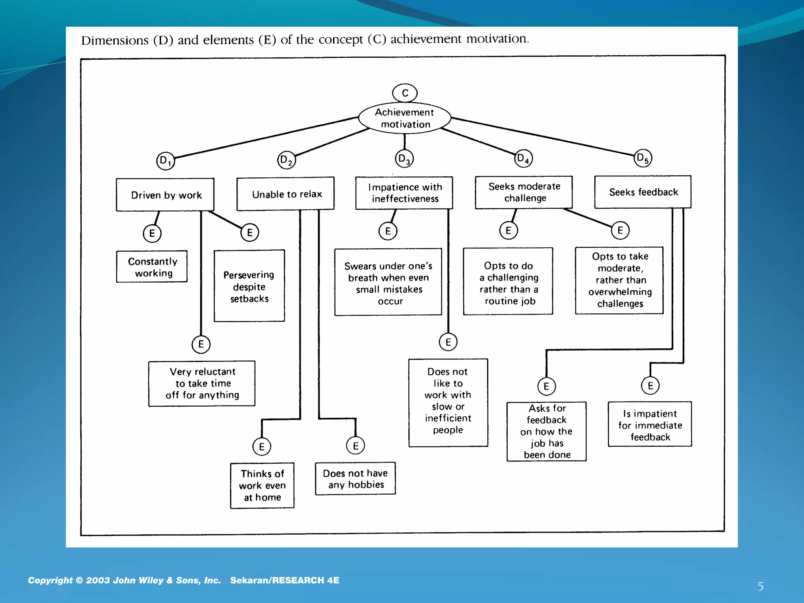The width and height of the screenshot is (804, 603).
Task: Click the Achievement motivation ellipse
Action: (x=405, y=118)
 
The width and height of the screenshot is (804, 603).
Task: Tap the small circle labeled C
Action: (x=405, y=93)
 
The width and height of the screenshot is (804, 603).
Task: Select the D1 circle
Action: (x=165, y=161)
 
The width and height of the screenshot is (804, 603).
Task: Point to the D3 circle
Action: (x=404, y=159)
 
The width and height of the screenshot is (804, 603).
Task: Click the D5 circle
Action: (x=643, y=158)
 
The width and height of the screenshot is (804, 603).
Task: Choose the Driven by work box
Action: (x=165, y=195)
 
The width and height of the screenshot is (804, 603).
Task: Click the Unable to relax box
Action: (x=286, y=194)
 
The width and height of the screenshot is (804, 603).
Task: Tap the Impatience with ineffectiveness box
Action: (x=404, y=193)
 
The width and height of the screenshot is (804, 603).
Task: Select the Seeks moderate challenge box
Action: (x=524, y=192)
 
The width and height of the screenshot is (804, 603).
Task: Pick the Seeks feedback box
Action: (x=643, y=192)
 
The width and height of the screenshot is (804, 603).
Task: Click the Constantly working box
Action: (x=152, y=267)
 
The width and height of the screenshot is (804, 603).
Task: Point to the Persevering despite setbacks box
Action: (x=249, y=286)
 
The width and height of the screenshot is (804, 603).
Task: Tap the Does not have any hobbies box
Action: (x=355, y=479)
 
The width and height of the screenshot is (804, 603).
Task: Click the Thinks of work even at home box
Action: (x=262, y=486)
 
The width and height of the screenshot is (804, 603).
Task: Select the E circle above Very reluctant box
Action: (x=201, y=344)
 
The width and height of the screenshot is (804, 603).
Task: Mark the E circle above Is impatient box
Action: (x=650, y=386)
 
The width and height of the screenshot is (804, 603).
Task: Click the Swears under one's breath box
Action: (x=388, y=282)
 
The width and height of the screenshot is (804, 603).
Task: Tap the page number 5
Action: (x=760, y=587)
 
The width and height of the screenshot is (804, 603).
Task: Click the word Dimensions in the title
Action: (x=115, y=40)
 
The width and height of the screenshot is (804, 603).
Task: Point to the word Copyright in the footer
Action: (x=50, y=580)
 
